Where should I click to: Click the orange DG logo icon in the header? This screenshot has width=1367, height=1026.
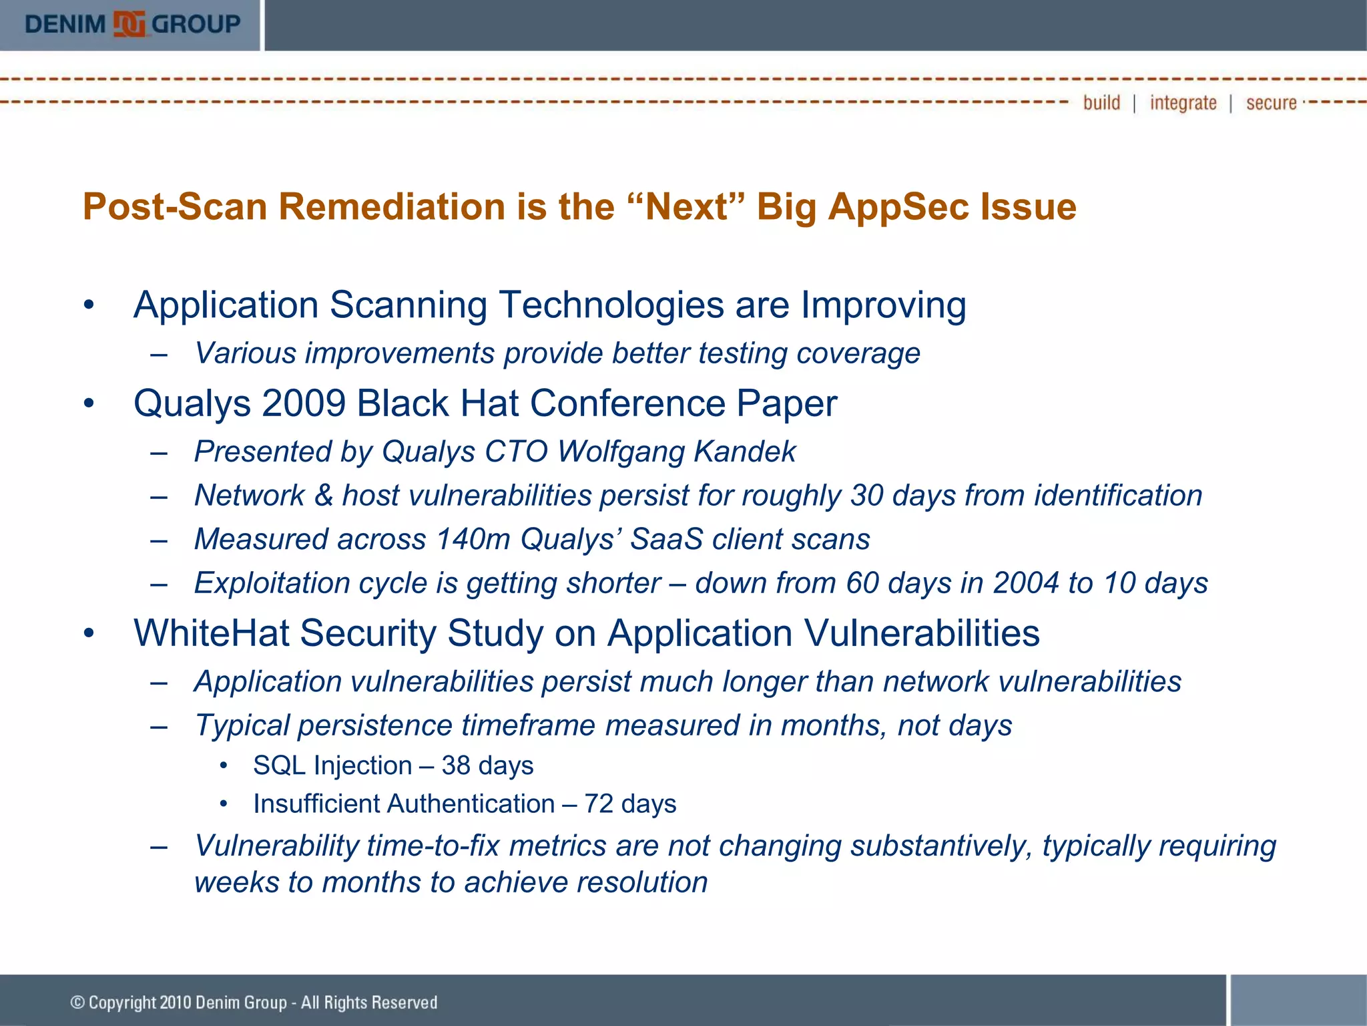click(129, 24)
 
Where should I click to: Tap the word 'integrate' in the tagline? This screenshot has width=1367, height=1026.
click(1183, 103)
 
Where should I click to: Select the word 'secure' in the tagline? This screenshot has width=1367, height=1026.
click(1271, 103)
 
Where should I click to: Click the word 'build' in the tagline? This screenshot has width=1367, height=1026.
click(1101, 103)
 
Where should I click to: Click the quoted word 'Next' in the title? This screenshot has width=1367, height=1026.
click(688, 206)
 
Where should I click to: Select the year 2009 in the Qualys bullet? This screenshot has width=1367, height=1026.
click(304, 403)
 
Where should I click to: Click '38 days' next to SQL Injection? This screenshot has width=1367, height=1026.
click(487, 765)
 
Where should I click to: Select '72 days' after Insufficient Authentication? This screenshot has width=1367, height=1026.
click(630, 804)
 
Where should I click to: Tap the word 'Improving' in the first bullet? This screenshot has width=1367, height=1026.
click(883, 305)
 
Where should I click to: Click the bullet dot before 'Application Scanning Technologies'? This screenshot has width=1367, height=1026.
click(89, 306)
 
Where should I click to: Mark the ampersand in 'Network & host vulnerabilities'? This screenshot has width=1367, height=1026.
click(324, 496)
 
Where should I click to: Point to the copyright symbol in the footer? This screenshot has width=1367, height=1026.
click(77, 1002)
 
